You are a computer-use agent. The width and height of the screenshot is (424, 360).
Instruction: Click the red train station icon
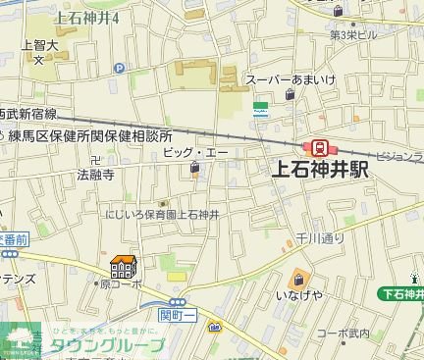(x=320, y=147)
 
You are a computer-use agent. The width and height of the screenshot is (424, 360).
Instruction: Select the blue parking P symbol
(x=120, y=68)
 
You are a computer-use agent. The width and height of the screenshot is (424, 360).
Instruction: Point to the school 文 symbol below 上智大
(x=38, y=59)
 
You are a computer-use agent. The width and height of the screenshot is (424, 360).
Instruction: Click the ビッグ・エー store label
(x=195, y=154)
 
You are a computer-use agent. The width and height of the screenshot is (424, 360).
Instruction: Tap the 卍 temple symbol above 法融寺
(x=94, y=160)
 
